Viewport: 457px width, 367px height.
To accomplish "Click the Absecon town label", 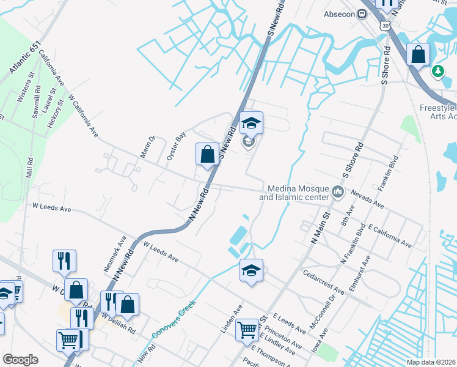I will point(343,14).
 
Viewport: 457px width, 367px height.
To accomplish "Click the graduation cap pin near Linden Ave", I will point(250,270).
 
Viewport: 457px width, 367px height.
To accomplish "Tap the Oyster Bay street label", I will point(176,147).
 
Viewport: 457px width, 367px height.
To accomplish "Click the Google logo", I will point(21,360).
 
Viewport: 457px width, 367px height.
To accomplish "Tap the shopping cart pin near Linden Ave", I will point(247,331).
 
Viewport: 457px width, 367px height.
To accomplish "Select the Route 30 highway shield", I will point(384,24).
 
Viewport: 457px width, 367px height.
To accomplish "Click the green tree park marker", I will point(437,72).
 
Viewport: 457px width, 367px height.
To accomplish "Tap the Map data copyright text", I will point(431,362).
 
